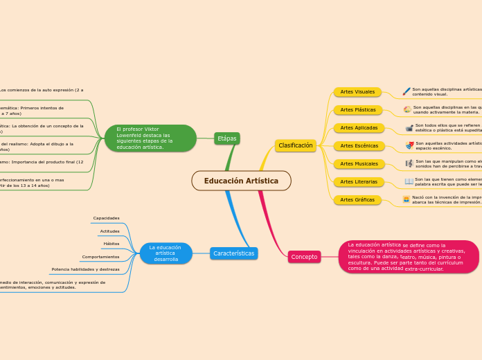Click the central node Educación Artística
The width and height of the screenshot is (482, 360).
click(x=241, y=181)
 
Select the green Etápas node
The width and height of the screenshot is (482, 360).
click(x=226, y=138)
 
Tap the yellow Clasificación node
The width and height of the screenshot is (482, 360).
click(x=296, y=145)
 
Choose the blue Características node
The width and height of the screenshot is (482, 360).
click(x=233, y=253)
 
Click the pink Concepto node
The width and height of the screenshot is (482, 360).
click(x=304, y=257)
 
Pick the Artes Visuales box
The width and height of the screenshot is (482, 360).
click(x=357, y=92)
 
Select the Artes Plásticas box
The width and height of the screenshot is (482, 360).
click(x=358, y=110)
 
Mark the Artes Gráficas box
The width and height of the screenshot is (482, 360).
click(x=357, y=200)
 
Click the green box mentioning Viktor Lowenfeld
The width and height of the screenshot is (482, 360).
click(x=150, y=138)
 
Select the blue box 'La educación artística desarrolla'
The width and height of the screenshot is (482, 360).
click(x=166, y=253)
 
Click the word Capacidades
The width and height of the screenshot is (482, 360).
click(x=106, y=218)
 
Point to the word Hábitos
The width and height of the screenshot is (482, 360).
click(x=111, y=244)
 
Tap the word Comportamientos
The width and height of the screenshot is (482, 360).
click(x=100, y=257)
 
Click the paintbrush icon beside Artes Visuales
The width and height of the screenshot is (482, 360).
click(x=407, y=91)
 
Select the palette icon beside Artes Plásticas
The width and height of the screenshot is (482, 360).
click(x=407, y=109)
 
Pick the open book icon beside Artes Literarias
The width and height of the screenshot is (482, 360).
click(x=409, y=181)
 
